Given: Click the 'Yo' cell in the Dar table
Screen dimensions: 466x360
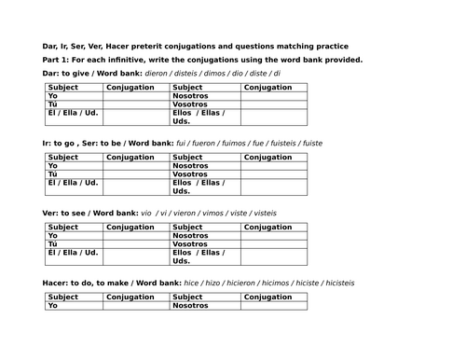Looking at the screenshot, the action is coord(53,95).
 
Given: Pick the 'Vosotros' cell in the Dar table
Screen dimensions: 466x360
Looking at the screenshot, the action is coord(190,104).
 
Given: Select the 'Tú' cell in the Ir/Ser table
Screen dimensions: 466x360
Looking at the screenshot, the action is coord(54,173).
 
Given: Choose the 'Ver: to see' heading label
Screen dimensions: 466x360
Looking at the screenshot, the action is coord(64,213).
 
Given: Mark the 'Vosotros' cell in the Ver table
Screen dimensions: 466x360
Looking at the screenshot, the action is coord(191,243).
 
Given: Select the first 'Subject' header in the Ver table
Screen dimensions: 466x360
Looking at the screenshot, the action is coord(62,227).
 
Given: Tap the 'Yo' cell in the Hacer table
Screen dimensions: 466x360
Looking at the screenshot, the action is coord(53,305).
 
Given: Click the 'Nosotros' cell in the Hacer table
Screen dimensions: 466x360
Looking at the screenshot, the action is coord(192,305).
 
